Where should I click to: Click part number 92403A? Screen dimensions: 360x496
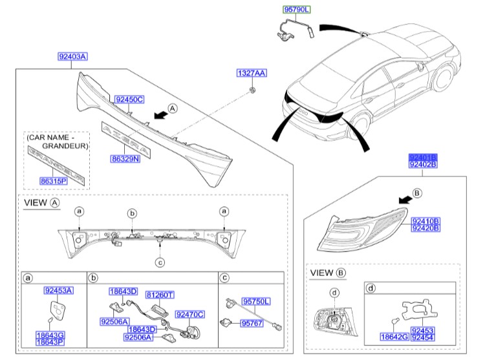(72, 57)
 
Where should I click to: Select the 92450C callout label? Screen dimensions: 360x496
(129, 99)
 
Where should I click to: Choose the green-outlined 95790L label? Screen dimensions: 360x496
(297, 10)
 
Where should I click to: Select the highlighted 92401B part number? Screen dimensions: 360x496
(423, 157)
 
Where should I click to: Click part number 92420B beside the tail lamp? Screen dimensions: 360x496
(425, 228)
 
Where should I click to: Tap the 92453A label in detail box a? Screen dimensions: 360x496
(58, 291)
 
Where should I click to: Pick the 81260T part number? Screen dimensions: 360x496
(159, 295)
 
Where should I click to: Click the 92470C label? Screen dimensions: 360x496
(191, 314)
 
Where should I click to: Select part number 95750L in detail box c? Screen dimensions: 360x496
(256, 302)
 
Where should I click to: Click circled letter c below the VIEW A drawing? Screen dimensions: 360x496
(160, 262)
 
